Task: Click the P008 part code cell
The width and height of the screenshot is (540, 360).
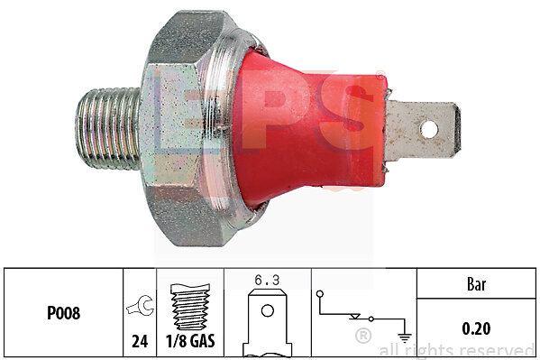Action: pyautogui.click(x=63, y=313)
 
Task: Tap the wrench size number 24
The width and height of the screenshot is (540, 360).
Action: pyautogui.click(x=140, y=341)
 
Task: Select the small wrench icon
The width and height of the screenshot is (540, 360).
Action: pyautogui.click(x=141, y=306)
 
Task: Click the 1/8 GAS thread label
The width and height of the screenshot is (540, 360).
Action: pyautogui.click(x=190, y=341)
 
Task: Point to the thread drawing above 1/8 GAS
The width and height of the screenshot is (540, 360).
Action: pyautogui.click(x=190, y=307)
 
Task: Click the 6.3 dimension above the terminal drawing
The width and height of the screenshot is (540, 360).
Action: pyautogui.click(x=267, y=281)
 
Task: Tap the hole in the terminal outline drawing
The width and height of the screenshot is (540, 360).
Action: pyautogui.click(x=267, y=310)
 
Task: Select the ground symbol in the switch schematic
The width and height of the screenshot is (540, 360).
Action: pyautogui.click(x=405, y=338)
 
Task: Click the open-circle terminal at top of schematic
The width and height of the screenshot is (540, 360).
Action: pyautogui.click(x=320, y=294)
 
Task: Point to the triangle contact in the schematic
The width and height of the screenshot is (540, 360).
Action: pyautogui.click(x=354, y=317)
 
